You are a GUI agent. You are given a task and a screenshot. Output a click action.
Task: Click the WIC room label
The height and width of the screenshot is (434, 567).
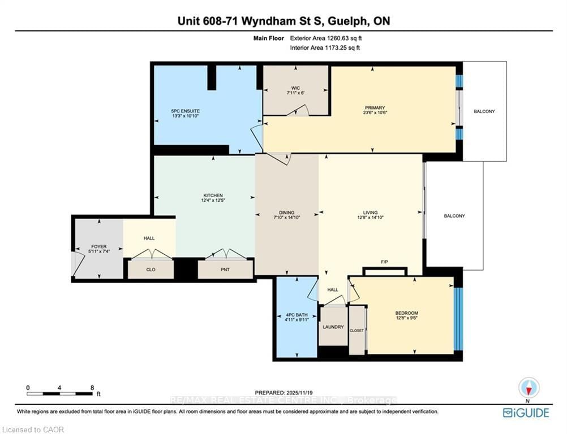(x=295, y=88)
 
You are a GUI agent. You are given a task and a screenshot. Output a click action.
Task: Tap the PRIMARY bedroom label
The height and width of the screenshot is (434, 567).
(x=375, y=108)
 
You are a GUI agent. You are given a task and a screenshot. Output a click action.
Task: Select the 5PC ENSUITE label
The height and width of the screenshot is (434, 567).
(x=186, y=111)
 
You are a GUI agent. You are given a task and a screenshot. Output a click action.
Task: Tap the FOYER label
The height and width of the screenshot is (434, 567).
(x=98, y=247)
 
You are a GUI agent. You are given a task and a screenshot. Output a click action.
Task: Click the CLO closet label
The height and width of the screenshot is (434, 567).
(x=151, y=270)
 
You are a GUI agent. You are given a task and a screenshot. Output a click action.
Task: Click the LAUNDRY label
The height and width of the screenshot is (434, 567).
(x=333, y=327)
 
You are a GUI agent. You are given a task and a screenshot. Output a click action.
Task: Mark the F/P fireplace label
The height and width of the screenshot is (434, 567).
(x=384, y=262)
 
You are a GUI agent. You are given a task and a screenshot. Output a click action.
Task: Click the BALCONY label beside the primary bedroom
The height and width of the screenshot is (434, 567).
(x=484, y=111)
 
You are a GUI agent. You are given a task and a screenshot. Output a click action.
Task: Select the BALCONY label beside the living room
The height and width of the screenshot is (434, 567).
(x=454, y=216)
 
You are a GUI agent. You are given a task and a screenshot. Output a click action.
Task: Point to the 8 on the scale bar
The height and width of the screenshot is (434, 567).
(x=92, y=388)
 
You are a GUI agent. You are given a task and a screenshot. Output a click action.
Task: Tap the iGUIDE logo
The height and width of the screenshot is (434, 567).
(x=526, y=413)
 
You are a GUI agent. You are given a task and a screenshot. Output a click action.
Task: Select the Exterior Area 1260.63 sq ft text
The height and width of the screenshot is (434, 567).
(x=325, y=38)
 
